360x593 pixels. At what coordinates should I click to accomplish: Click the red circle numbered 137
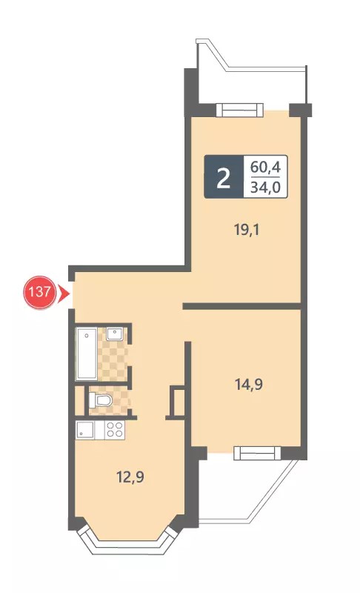pos(40,292)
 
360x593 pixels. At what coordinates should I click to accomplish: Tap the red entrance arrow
pos(62,294)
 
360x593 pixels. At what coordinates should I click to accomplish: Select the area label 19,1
pos(247,230)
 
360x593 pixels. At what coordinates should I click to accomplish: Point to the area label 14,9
pos(249,384)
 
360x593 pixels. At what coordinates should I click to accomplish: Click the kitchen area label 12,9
pos(130,477)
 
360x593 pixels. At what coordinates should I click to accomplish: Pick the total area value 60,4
pos(266,167)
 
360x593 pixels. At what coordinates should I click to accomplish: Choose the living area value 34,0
pos(266,187)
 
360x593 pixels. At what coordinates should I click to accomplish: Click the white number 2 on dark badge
pos(224,178)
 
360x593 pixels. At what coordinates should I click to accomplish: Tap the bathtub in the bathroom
pos(87,354)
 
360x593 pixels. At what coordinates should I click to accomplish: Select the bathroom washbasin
pos(114,334)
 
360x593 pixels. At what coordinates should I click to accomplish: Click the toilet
pos(101,400)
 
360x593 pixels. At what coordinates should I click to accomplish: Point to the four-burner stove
pos(115,430)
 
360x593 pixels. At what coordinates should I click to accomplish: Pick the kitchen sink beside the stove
pos(86,430)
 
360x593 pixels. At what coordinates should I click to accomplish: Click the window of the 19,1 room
pos(239,110)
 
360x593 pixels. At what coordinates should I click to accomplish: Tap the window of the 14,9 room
pos(257,453)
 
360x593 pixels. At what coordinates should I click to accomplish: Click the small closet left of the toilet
pos(79,400)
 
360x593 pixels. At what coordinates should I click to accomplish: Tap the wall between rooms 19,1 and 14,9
pos(241,306)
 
